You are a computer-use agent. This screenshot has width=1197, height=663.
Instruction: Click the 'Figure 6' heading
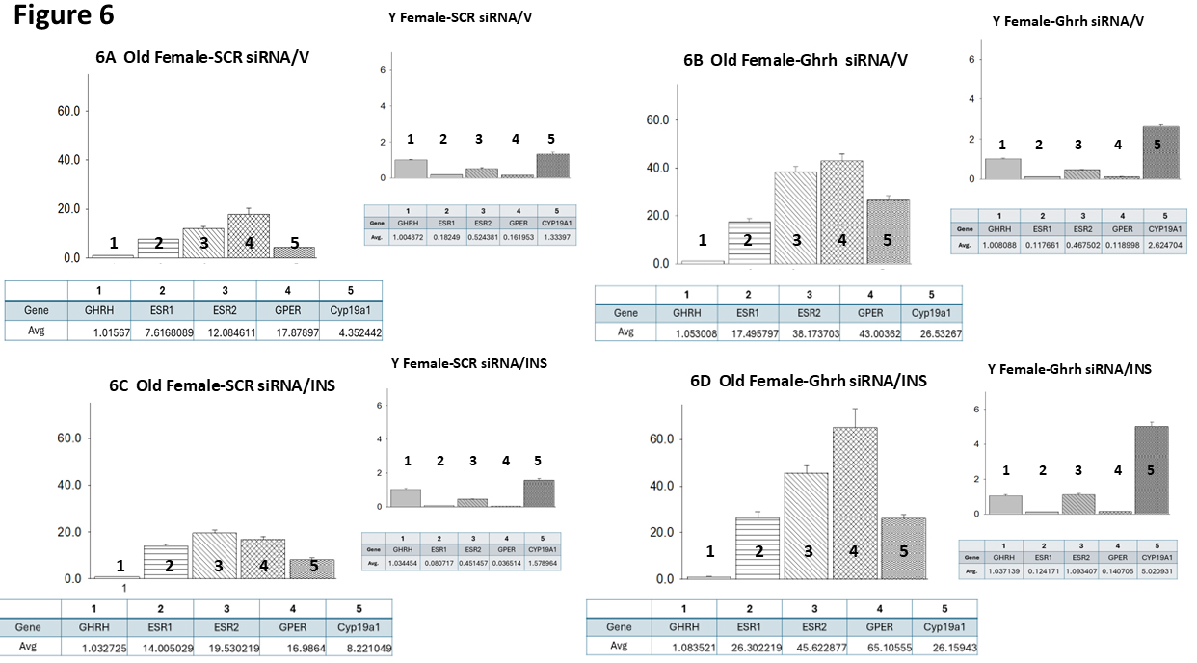(64, 16)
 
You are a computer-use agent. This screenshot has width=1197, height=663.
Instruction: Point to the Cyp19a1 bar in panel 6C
(312, 570)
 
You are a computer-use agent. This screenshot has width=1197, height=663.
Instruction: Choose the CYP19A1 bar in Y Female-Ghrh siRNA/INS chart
(1158, 470)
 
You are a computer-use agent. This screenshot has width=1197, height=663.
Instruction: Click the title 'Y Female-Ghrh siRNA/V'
(1068, 21)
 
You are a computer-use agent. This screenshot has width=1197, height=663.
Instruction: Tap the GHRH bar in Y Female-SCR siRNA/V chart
(410, 169)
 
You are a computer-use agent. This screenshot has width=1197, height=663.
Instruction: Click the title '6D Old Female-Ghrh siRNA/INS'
(809, 381)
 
